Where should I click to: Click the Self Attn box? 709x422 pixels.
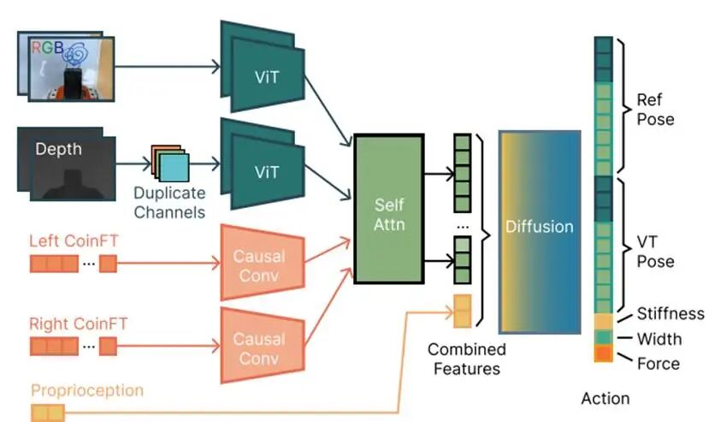coord(388,208)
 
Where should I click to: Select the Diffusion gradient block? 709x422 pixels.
coord(539,227)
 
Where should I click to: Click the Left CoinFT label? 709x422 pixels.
coord(74,242)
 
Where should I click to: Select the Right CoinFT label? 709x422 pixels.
coord(78,324)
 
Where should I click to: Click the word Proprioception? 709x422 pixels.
coord(87,390)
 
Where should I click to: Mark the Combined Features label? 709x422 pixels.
coord(467,359)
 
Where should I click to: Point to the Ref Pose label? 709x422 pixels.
coord(655,110)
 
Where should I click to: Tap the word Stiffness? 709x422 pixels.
coord(671,314)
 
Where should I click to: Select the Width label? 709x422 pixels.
coord(659,339)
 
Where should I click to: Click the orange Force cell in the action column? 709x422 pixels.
coord(603,353)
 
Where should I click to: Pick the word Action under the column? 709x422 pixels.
coord(606,398)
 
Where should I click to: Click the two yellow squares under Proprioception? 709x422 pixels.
coord(48,413)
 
